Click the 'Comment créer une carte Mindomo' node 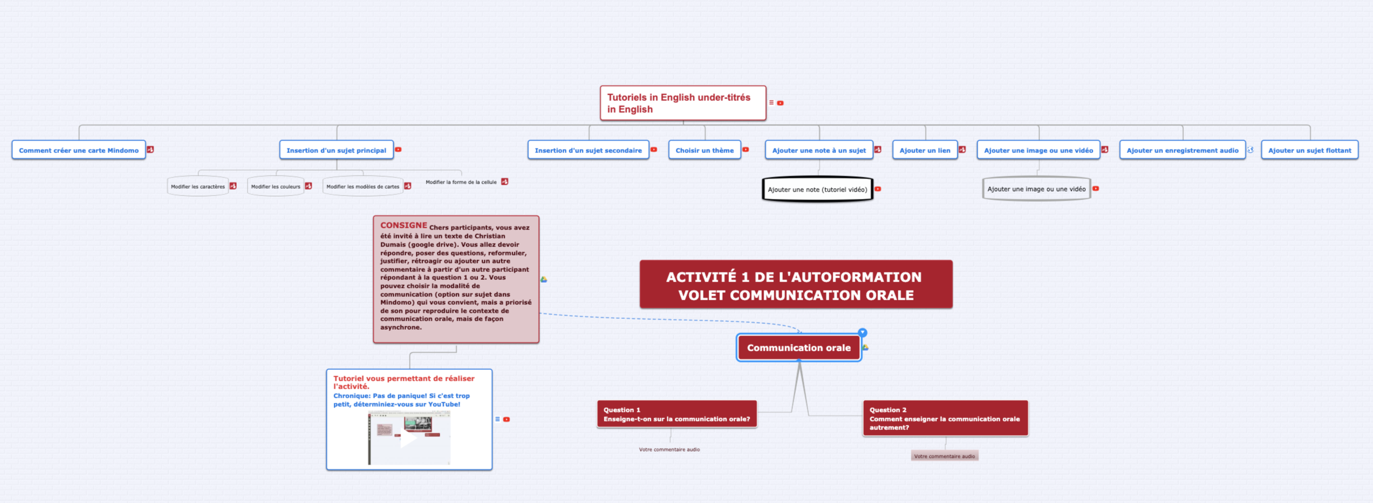tap(79, 150)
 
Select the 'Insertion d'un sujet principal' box tap(336, 150)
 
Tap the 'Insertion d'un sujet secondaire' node tap(588, 150)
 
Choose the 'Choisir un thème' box tap(704, 150)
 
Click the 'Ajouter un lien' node tap(924, 150)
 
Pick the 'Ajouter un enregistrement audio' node tap(1182, 150)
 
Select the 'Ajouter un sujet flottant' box tap(1309, 150)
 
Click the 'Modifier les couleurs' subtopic tap(275, 186)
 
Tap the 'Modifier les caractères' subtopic tap(198, 186)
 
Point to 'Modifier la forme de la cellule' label tap(460, 182)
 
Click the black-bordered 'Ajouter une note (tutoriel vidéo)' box tap(817, 189)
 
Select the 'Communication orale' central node tap(798, 348)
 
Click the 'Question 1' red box tap(676, 414)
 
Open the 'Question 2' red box tap(945, 418)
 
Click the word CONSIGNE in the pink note tap(403, 225)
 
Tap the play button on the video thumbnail tap(408, 439)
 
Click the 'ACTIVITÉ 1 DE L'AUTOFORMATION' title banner tap(795, 285)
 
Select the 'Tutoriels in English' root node tap(683, 103)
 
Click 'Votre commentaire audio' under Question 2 tap(944, 456)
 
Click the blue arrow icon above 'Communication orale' tap(862, 333)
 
